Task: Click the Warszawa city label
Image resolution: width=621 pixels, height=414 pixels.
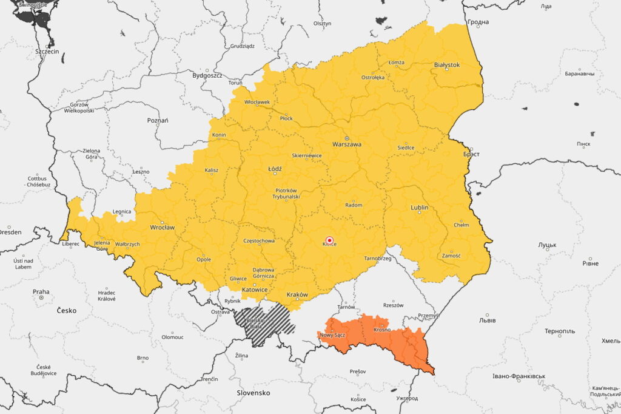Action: click(347, 144)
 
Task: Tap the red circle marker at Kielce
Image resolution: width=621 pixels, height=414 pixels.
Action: click(329, 240)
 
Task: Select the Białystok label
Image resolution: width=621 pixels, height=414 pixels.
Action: click(447, 64)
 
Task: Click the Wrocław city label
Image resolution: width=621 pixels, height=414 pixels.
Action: click(162, 228)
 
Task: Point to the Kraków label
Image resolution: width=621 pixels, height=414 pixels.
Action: click(297, 294)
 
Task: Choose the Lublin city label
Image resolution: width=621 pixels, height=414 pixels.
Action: click(419, 208)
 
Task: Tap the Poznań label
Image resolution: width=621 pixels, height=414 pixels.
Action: click(158, 120)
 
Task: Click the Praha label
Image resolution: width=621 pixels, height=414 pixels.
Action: click(41, 291)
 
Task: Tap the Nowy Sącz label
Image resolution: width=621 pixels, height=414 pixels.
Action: click(332, 335)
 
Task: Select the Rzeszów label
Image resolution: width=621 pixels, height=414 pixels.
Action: click(394, 305)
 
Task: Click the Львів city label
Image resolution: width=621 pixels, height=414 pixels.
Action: click(487, 320)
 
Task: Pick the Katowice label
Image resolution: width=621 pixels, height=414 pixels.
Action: click(254, 290)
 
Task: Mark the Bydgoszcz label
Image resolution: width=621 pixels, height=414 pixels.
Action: click(207, 76)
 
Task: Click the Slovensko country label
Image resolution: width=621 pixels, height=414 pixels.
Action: click(253, 393)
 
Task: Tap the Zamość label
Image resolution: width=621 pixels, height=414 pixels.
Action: click(451, 256)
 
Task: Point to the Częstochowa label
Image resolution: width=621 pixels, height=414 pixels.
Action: click(258, 241)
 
